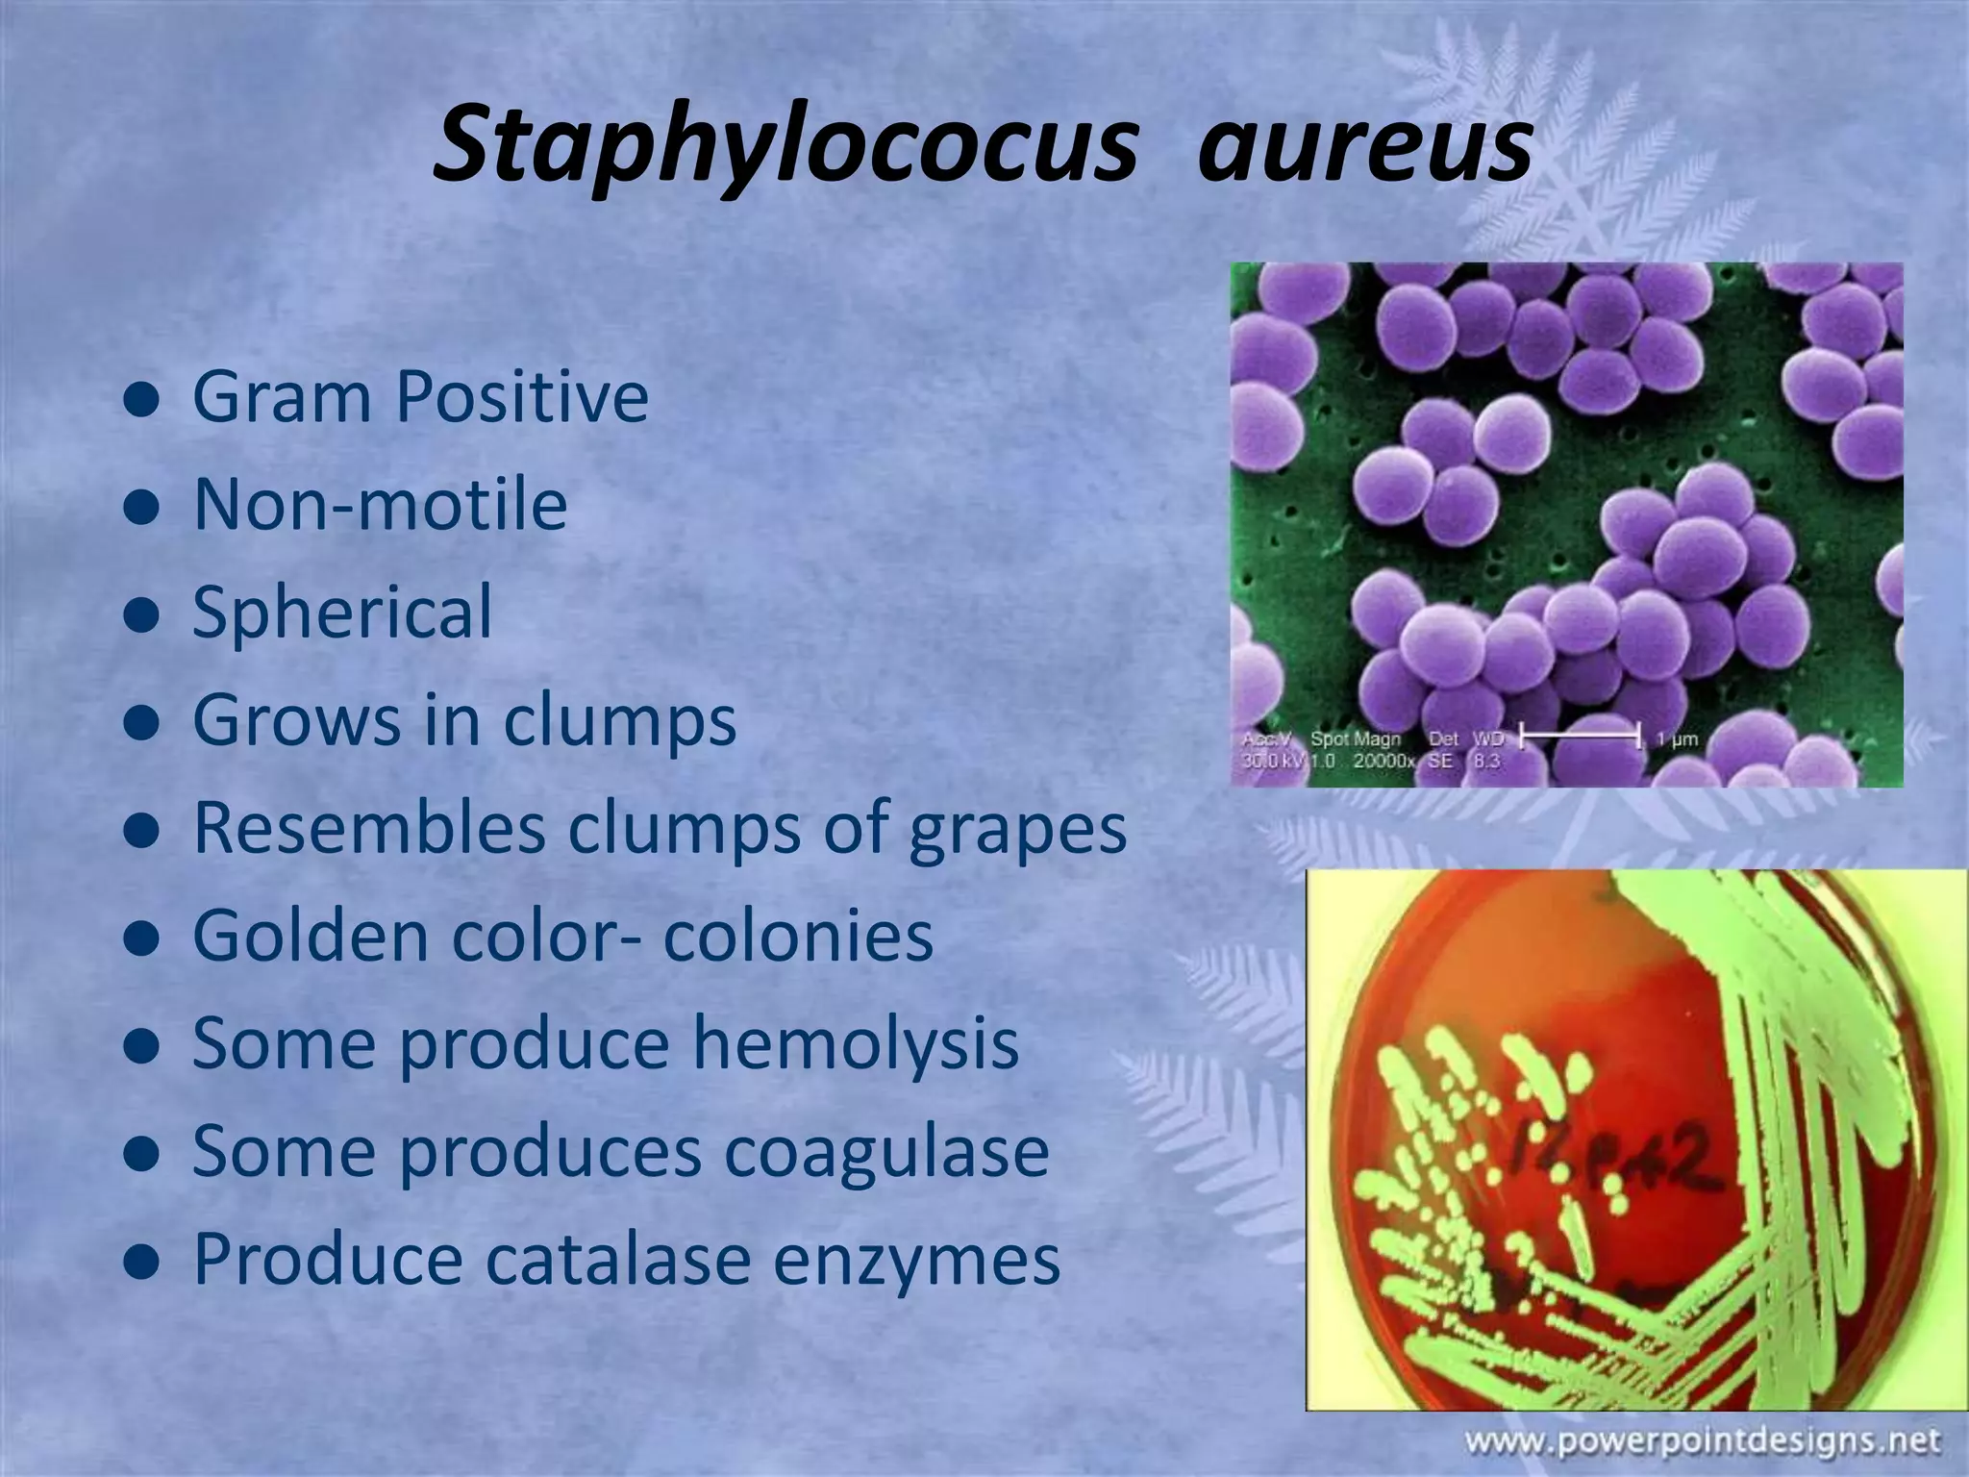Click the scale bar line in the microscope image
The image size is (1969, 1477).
coord(1579,738)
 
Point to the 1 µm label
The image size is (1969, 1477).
coord(1678,738)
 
